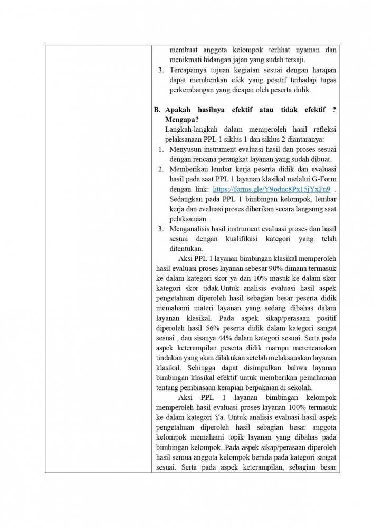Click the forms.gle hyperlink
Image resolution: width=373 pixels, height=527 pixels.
[272, 189]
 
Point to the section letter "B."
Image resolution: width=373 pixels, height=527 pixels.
[157, 110]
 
